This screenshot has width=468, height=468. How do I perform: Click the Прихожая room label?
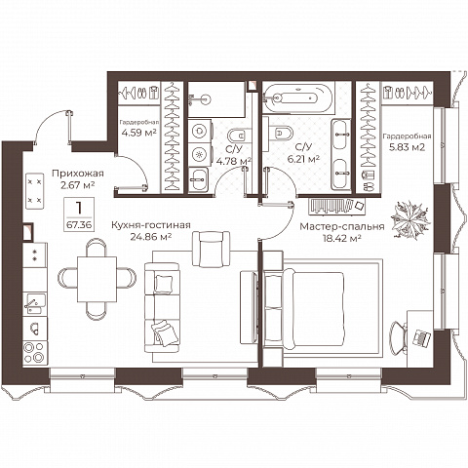(x=78, y=174)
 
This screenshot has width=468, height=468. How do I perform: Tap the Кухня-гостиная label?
(x=151, y=225)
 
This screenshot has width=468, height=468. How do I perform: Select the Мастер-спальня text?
(x=342, y=226)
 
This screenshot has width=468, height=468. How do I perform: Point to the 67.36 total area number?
(x=80, y=224)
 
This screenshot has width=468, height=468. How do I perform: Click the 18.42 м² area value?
(x=342, y=239)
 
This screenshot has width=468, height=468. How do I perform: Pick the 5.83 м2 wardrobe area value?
(x=407, y=147)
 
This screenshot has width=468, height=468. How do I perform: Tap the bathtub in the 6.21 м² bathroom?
(x=297, y=97)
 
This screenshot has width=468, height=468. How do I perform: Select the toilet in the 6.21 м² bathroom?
(x=281, y=133)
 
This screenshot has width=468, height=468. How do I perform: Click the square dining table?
(x=97, y=279)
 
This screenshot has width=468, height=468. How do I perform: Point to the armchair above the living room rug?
(x=212, y=249)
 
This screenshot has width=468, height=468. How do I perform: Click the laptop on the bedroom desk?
(x=421, y=338)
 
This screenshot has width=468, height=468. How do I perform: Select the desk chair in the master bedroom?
(x=399, y=337)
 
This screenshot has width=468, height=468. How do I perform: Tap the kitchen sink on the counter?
(x=35, y=303)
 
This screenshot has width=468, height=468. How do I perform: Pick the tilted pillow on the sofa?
(x=165, y=332)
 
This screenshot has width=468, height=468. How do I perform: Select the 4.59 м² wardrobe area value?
(x=138, y=133)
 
